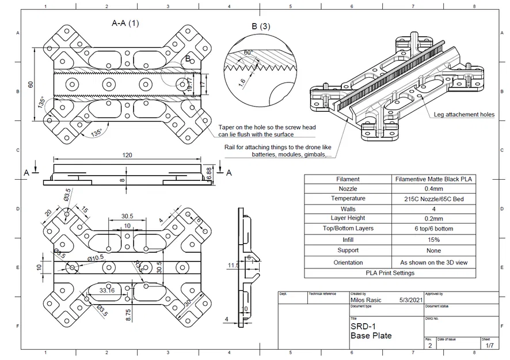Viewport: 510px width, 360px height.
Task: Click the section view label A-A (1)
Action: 125,24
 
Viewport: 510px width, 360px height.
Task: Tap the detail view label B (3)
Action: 260,26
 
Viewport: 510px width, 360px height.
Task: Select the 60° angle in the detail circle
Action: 248,52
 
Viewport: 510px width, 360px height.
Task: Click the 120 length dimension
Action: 128,155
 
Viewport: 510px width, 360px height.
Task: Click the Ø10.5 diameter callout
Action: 95,257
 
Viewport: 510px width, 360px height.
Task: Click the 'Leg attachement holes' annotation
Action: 463,115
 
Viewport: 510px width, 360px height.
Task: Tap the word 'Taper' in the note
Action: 227,127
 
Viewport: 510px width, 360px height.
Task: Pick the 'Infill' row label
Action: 348,240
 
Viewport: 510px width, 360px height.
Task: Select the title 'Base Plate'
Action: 371,336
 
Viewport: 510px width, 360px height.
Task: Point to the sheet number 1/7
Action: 489,346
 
